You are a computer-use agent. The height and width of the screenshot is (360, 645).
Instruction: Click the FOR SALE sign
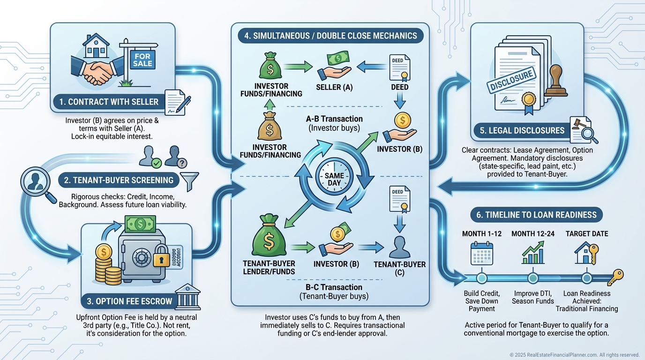142,60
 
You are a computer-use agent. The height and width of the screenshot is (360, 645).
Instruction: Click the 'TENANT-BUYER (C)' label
400,268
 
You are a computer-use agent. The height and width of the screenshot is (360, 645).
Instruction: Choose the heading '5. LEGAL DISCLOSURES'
522,130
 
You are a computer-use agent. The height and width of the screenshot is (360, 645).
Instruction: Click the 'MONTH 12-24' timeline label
532,234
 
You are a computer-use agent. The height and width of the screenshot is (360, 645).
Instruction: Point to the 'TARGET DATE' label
587,234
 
